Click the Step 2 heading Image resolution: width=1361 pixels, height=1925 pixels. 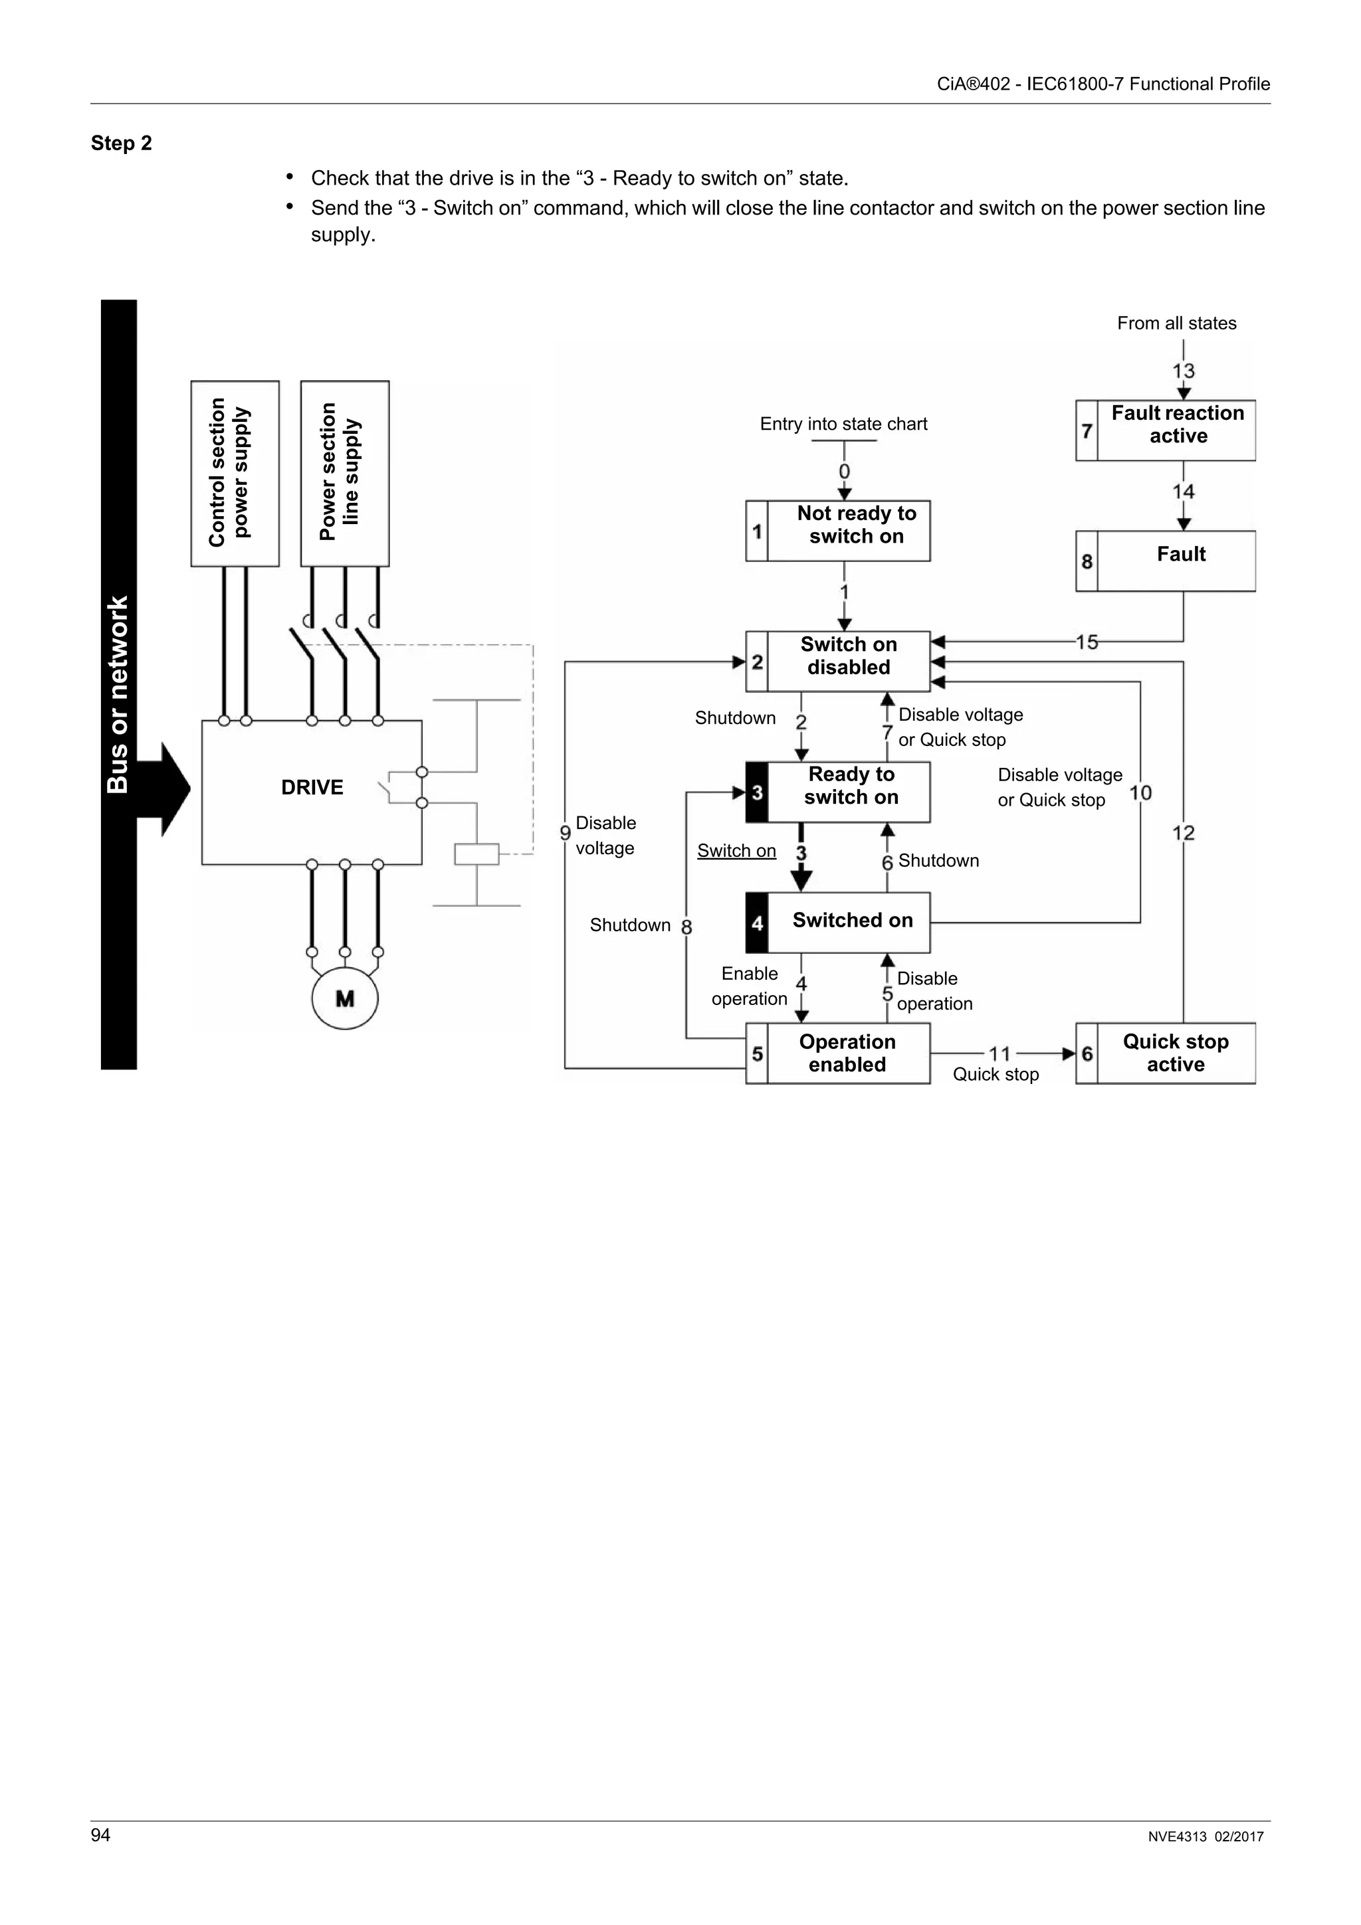122,143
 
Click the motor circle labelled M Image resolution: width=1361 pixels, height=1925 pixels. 345,998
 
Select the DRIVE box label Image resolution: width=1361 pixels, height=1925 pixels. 312,787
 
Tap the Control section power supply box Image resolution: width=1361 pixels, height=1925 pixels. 235,474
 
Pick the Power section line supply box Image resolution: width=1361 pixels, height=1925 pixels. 345,474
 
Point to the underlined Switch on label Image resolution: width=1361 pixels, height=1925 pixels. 736,851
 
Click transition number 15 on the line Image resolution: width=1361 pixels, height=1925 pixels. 1087,642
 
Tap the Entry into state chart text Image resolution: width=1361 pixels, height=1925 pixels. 843,424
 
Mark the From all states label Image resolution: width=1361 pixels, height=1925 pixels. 1176,323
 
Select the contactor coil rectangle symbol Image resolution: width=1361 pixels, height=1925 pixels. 476,854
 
